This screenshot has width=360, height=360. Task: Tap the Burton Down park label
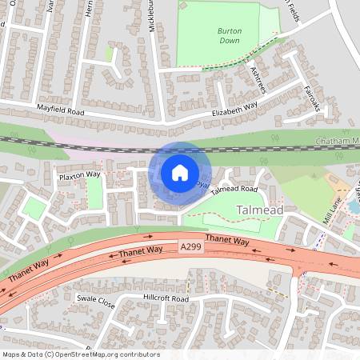(x=229, y=36)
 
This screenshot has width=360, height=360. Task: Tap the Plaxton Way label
(x=79, y=174)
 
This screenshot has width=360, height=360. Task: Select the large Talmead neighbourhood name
(x=260, y=210)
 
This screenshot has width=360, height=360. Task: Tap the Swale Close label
(x=96, y=302)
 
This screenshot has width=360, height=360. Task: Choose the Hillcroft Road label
(x=166, y=298)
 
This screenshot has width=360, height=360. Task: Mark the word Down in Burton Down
(x=229, y=41)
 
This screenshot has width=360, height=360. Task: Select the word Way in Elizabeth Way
(x=252, y=105)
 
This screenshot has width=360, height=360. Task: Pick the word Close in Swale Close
(x=106, y=304)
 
